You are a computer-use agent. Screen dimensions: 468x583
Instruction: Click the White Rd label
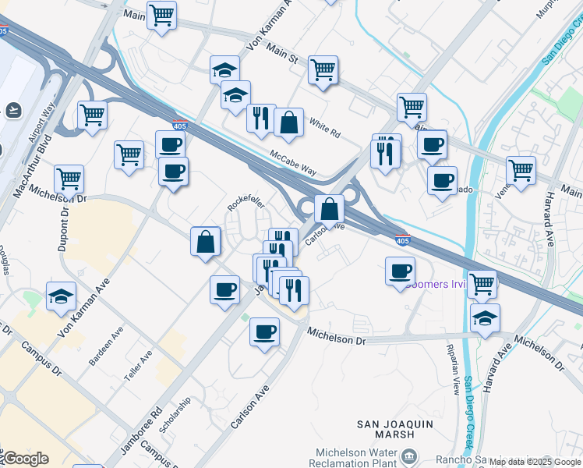pyautogui.click(x=324, y=128)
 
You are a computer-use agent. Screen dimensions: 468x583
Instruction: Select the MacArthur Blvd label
pyautogui.click(x=20, y=184)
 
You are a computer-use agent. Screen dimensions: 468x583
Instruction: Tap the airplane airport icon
pyautogui.click(x=12, y=109)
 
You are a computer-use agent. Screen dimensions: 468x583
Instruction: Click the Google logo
pyautogui.click(x=25, y=459)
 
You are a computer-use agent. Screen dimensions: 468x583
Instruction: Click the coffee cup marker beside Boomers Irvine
pyautogui.click(x=401, y=271)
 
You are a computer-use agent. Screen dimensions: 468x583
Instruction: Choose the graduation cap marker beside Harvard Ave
pyautogui.click(x=485, y=317)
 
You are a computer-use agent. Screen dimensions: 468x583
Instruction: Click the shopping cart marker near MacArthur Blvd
pyautogui.click(x=69, y=179)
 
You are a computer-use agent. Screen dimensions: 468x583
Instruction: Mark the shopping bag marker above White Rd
pyautogui.click(x=288, y=122)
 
